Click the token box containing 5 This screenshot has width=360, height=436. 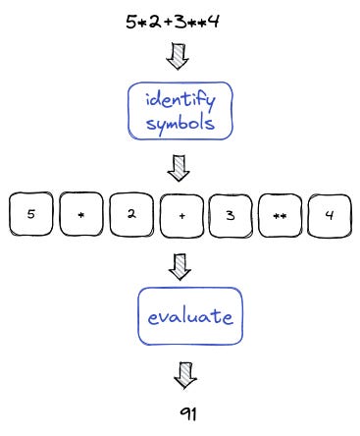coord(32,215)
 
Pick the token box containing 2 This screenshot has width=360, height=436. coord(131,215)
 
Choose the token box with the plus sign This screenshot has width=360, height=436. coord(181,215)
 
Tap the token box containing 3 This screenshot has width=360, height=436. coord(231,215)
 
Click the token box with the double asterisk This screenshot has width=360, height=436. coord(281,215)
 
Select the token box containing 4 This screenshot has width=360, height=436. coord(330,215)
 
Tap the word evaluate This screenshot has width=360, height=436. coord(188,317)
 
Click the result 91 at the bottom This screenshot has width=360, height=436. coord(188,413)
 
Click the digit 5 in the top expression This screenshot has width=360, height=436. coord(130,20)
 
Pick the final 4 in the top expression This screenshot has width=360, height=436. coord(213,20)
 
